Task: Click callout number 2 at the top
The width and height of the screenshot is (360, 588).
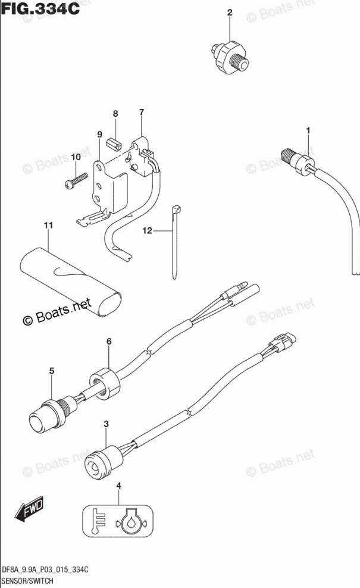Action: pos(229,12)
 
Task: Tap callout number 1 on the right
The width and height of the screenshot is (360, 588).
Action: pos(308,130)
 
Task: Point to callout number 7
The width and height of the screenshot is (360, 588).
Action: pos(142,112)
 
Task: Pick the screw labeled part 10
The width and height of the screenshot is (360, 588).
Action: pos(74,180)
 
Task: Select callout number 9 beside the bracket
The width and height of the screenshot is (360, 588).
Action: pos(101,135)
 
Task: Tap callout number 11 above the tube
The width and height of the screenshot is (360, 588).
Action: pos(48,225)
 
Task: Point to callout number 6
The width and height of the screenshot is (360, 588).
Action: pos(109,342)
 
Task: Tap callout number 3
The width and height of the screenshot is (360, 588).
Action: pos(106,424)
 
